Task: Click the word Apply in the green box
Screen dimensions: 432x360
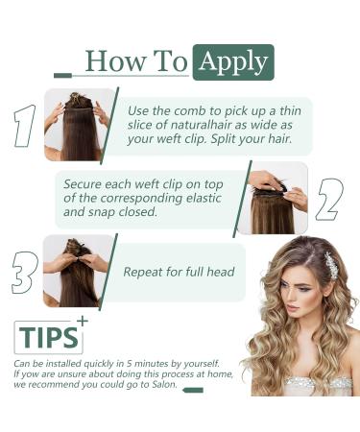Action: click(233, 61)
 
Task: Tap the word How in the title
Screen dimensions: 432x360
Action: click(108, 61)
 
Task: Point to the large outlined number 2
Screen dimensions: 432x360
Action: click(329, 200)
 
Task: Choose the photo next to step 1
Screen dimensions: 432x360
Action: click(79, 124)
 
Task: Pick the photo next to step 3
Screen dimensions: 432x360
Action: click(79, 271)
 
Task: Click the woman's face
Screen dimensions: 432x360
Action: click(297, 288)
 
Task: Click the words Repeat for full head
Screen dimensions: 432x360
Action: click(179, 272)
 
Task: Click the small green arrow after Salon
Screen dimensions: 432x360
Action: click(192, 390)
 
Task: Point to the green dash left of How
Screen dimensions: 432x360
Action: click(63, 74)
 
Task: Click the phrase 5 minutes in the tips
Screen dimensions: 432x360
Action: click(137, 364)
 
